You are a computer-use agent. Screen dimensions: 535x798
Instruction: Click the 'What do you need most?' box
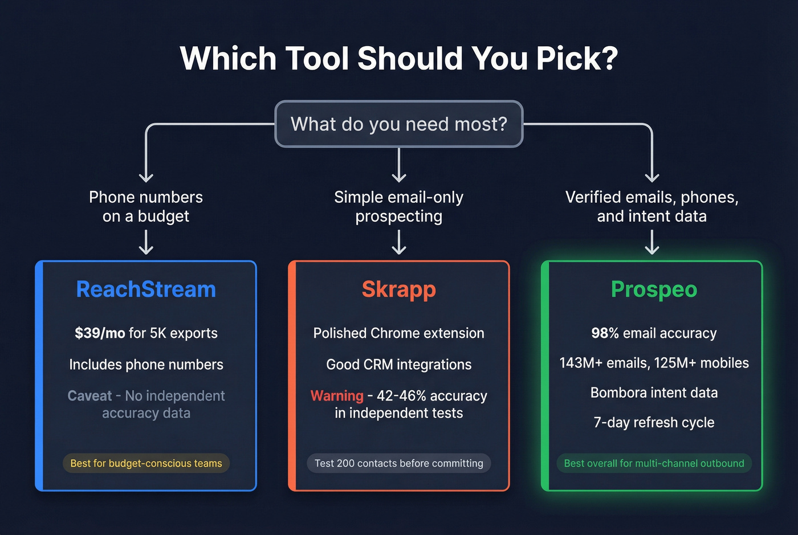(x=399, y=124)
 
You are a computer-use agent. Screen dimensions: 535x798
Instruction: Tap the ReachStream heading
(x=146, y=289)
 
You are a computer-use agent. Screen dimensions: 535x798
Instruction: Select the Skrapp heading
(x=399, y=289)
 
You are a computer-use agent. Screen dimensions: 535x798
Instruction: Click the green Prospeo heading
(x=654, y=289)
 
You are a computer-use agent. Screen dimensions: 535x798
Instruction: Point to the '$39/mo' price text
(x=100, y=333)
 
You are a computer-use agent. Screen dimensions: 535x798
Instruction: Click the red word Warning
(x=337, y=396)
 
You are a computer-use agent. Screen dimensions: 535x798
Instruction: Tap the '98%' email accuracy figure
(x=605, y=333)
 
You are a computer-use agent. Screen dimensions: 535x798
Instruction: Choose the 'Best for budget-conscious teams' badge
(x=146, y=463)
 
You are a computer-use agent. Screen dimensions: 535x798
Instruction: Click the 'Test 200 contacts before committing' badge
(x=399, y=463)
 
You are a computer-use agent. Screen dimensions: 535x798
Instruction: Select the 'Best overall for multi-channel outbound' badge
(x=654, y=463)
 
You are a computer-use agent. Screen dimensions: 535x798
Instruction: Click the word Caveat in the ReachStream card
(x=89, y=396)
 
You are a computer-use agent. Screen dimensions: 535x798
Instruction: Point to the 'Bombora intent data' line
(x=654, y=393)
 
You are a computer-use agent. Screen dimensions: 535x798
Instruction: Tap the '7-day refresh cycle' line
(x=654, y=422)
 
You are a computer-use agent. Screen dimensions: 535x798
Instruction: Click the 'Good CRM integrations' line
(x=399, y=365)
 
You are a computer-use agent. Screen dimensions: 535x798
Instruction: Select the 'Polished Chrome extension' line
(x=399, y=333)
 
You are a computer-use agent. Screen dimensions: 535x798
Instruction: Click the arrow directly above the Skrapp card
(x=399, y=242)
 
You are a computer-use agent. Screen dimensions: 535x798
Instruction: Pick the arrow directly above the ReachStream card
(x=146, y=242)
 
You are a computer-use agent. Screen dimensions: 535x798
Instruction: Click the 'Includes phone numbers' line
(x=146, y=365)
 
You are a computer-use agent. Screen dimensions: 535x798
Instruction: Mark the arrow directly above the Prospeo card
(x=652, y=242)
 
